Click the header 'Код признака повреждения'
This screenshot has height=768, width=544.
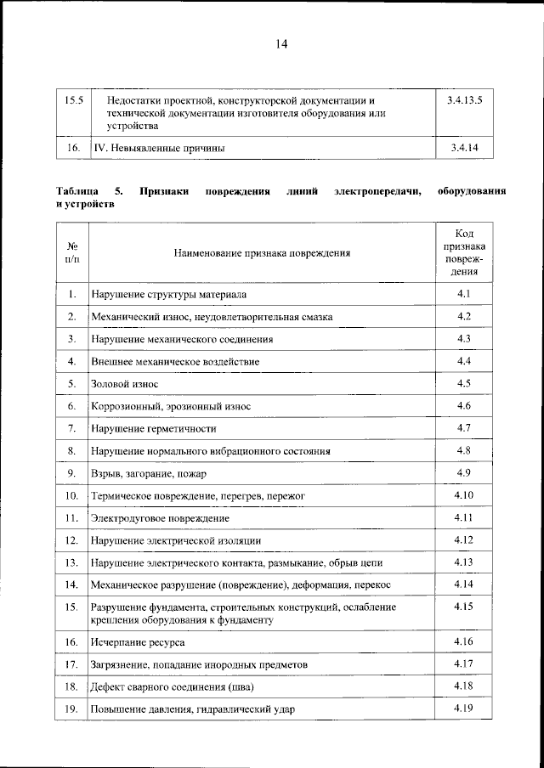(463, 252)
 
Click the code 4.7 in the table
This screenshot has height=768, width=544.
(463, 427)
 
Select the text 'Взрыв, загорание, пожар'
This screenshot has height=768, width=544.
(149, 472)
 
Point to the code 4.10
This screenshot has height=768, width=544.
(463, 494)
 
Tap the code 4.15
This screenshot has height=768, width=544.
(463, 607)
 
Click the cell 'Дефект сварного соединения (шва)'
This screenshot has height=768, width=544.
(173, 686)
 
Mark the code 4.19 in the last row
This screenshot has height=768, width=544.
(463, 708)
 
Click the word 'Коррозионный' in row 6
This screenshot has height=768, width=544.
(126, 406)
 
